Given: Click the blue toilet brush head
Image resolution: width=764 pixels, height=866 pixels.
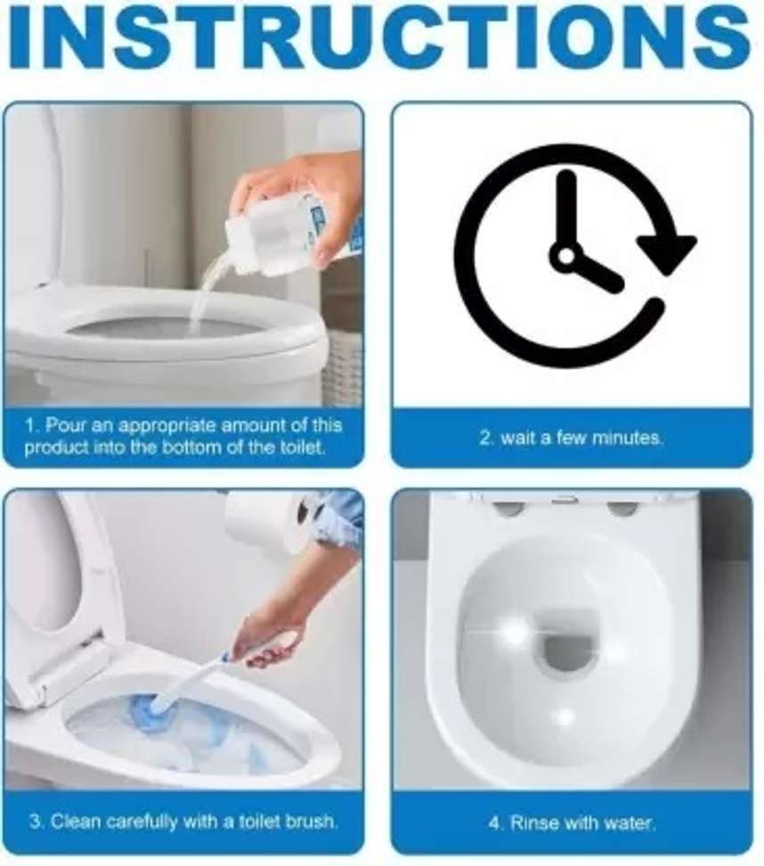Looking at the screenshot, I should [165, 708].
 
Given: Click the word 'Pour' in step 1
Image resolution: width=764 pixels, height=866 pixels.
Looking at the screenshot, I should [65, 425].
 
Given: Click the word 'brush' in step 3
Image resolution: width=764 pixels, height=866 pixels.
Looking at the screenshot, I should [311, 821].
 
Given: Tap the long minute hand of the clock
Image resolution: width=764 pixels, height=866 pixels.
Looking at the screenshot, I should [565, 209].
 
